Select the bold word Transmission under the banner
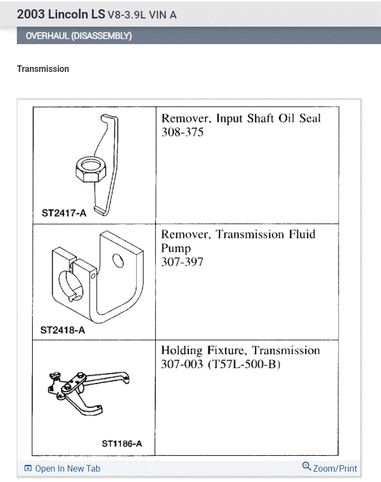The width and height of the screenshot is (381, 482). pyautogui.click(x=43, y=69)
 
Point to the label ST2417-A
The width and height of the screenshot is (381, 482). pyautogui.click(x=64, y=213)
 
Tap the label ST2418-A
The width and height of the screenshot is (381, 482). pyautogui.click(x=63, y=330)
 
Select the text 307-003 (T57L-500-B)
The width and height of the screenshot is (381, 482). pyautogui.click(x=220, y=364)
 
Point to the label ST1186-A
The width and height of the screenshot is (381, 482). pyautogui.click(x=122, y=443)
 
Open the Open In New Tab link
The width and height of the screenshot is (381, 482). pyautogui.click(x=67, y=468)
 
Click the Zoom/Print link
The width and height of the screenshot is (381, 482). pyautogui.click(x=335, y=468)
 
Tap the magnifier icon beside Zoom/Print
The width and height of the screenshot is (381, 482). pyautogui.click(x=306, y=467)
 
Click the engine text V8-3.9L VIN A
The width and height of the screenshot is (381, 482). pyautogui.click(x=142, y=15)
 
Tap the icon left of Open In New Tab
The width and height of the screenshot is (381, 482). pyautogui.click(x=28, y=468)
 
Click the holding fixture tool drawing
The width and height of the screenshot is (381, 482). pyautogui.click(x=90, y=389)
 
